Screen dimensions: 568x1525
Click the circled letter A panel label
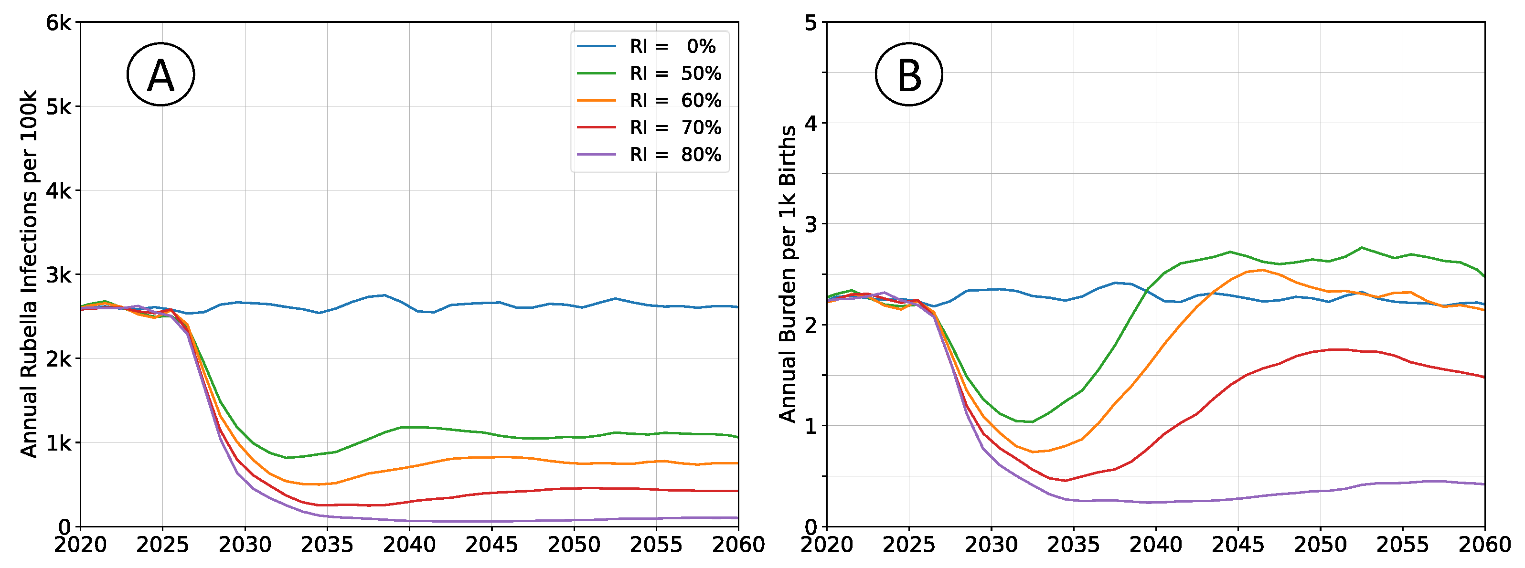[160, 74]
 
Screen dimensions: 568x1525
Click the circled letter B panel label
[909, 74]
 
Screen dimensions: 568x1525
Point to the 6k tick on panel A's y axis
[59, 23]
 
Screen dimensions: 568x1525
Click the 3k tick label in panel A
[59, 275]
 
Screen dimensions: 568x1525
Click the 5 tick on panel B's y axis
[811, 23]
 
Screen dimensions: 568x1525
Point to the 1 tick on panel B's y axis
[811, 426]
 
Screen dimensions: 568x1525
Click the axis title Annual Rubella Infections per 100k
[28, 274]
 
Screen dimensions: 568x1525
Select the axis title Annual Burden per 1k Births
[788, 274]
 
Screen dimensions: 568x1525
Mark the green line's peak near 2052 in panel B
[1362, 247]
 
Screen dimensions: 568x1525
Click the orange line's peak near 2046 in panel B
[1263, 270]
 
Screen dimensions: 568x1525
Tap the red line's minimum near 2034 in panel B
[1066, 481]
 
